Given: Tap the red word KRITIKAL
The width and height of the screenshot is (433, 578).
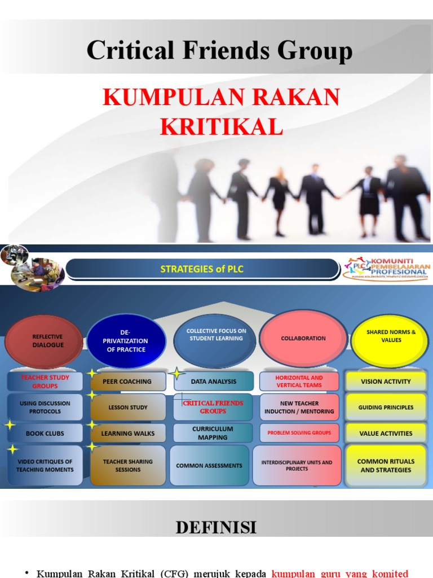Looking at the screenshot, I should tap(221, 126).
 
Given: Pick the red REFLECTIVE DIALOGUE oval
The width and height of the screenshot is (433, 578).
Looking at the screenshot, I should tap(47, 341).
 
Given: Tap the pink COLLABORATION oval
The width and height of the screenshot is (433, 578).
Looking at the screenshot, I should tap(303, 338).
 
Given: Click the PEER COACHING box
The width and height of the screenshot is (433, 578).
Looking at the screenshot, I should tap(127, 382).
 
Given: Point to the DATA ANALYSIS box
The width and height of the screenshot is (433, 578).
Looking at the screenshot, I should tap(214, 382).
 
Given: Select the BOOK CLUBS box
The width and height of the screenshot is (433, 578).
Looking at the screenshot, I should tap(45, 433).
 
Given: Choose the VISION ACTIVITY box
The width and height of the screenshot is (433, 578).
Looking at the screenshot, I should tap(386, 382).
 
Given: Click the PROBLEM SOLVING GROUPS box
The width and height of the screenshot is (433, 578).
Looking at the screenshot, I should tap(299, 433).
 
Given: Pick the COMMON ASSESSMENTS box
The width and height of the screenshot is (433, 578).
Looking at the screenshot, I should tap(209, 466).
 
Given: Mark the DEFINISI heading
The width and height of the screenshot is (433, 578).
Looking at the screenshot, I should tap(216, 527).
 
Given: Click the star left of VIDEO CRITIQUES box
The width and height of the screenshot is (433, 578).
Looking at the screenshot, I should tap(12, 450).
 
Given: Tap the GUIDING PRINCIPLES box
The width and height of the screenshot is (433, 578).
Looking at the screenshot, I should tap(386, 407).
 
